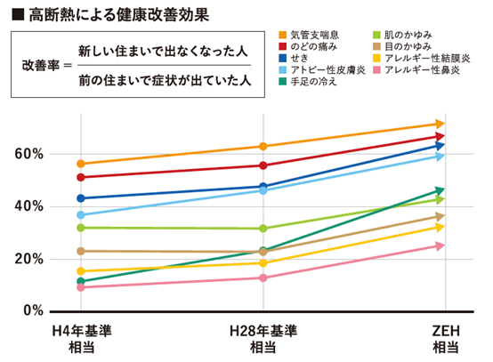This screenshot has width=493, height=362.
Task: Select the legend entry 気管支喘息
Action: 319,34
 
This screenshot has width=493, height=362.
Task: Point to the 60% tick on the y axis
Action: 28,154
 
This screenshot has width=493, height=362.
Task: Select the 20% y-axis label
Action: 28,259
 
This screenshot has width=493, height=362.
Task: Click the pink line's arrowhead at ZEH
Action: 439,246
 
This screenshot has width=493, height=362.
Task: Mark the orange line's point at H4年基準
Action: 82,164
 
